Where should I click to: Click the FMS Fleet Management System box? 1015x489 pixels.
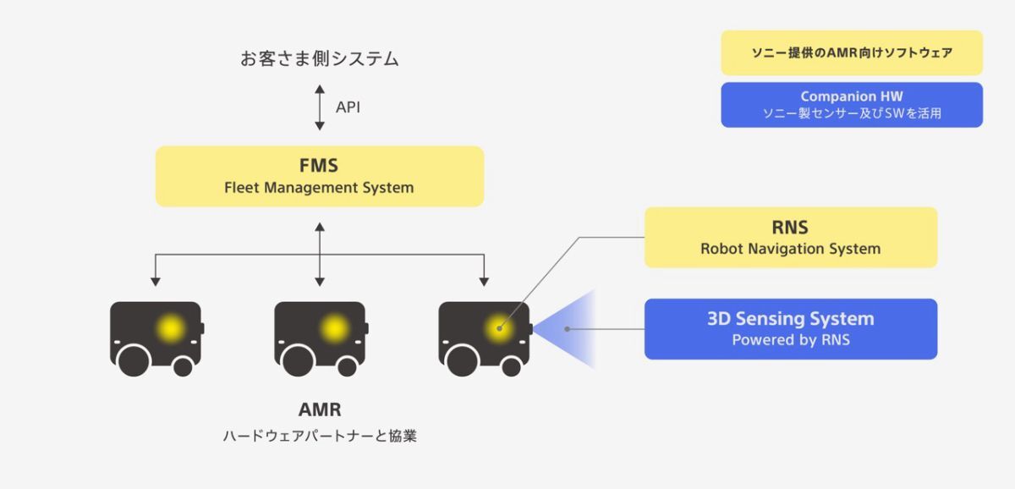pyautogui.click(x=319, y=176)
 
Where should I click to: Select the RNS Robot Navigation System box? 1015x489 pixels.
pyautogui.click(x=790, y=238)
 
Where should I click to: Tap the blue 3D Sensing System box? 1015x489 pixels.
pyautogui.click(x=790, y=329)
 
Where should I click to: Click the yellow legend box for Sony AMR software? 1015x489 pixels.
pyautogui.click(x=852, y=52)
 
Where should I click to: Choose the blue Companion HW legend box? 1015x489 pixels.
pyautogui.click(x=852, y=105)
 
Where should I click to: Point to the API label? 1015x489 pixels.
pyautogui.click(x=348, y=107)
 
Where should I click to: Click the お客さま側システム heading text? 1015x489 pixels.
pyautogui.click(x=319, y=59)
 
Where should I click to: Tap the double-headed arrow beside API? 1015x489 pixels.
pyautogui.click(x=320, y=107)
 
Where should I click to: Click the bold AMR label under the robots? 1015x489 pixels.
pyautogui.click(x=320, y=410)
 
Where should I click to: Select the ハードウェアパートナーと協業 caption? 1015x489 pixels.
pyautogui.click(x=320, y=437)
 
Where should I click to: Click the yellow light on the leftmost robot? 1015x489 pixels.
pyautogui.click(x=172, y=327)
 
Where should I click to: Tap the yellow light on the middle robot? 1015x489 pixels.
pyautogui.click(x=335, y=327)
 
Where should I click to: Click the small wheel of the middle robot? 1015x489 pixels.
pyautogui.click(x=347, y=366)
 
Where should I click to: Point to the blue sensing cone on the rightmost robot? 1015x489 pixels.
pyautogui.click(x=571, y=329)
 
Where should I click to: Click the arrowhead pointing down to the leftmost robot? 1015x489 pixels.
pyautogui.click(x=155, y=280)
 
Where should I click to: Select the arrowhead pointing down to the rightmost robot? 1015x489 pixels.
pyautogui.click(x=484, y=280)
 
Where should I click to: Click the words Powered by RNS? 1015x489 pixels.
pyautogui.click(x=790, y=341)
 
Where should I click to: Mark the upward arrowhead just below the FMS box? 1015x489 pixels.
pyautogui.click(x=319, y=226)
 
